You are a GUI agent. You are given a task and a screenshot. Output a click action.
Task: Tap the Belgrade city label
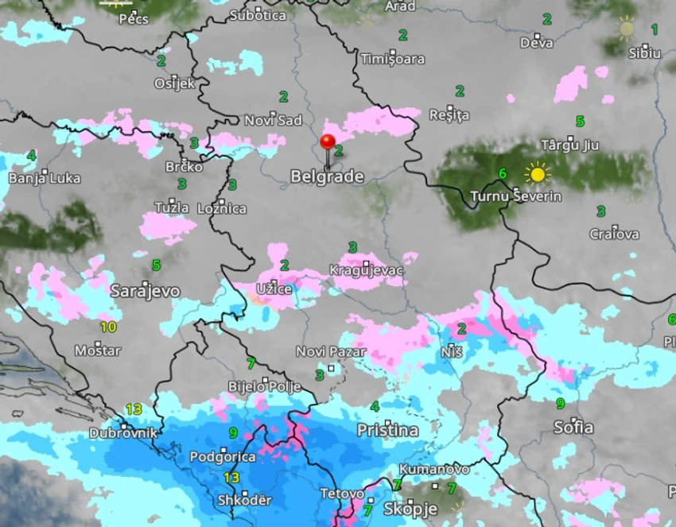click(x=327, y=176)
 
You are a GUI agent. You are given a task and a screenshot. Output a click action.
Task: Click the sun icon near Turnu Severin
click(x=538, y=173)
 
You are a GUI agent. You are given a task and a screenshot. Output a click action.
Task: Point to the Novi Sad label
click(x=273, y=120)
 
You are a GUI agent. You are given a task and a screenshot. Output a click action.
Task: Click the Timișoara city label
click(x=392, y=59)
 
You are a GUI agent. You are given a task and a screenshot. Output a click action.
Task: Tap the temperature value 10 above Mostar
click(x=108, y=327)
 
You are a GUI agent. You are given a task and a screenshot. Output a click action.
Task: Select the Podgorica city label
click(x=223, y=457)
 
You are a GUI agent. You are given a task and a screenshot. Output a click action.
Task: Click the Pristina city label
click(x=387, y=431)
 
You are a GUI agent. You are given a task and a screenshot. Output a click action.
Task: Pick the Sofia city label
click(x=573, y=428)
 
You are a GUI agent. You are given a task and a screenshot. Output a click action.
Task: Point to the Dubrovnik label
click(x=123, y=434)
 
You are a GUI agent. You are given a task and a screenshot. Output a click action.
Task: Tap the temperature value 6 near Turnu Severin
click(x=502, y=173)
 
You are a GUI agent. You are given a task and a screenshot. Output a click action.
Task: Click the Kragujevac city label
click(x=367, y=271)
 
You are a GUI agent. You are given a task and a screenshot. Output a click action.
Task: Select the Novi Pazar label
click(x=331, y=351)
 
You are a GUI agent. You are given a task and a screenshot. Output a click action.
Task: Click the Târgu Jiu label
click(x=569, y=145)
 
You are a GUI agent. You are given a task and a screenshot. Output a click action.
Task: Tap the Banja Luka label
click(x=45, y=178)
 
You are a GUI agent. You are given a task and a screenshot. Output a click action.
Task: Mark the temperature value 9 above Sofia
click(x=560, y=404)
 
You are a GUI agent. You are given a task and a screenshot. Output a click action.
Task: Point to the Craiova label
click(x=614, y=234)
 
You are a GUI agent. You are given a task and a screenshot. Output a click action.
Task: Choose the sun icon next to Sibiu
click(x=627, y=29)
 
